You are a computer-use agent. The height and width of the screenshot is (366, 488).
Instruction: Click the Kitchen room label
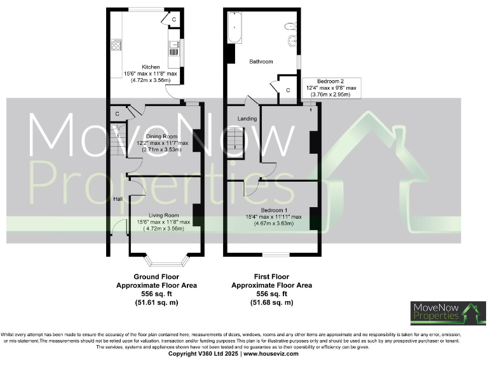(151, 67)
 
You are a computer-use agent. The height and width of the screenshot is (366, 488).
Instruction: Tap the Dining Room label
(162, 137)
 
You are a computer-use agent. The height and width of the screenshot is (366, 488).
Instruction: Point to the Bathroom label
(261, 62)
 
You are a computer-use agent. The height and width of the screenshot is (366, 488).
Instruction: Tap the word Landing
(247, 119)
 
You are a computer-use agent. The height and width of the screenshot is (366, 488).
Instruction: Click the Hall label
(118, 199)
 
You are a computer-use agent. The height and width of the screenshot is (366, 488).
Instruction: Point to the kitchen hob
(117, 44)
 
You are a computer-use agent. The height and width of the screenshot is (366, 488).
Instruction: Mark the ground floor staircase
(117, 139)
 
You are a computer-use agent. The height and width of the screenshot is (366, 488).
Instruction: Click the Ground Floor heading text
(156, 277)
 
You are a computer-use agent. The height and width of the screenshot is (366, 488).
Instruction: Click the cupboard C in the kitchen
(173, 20)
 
